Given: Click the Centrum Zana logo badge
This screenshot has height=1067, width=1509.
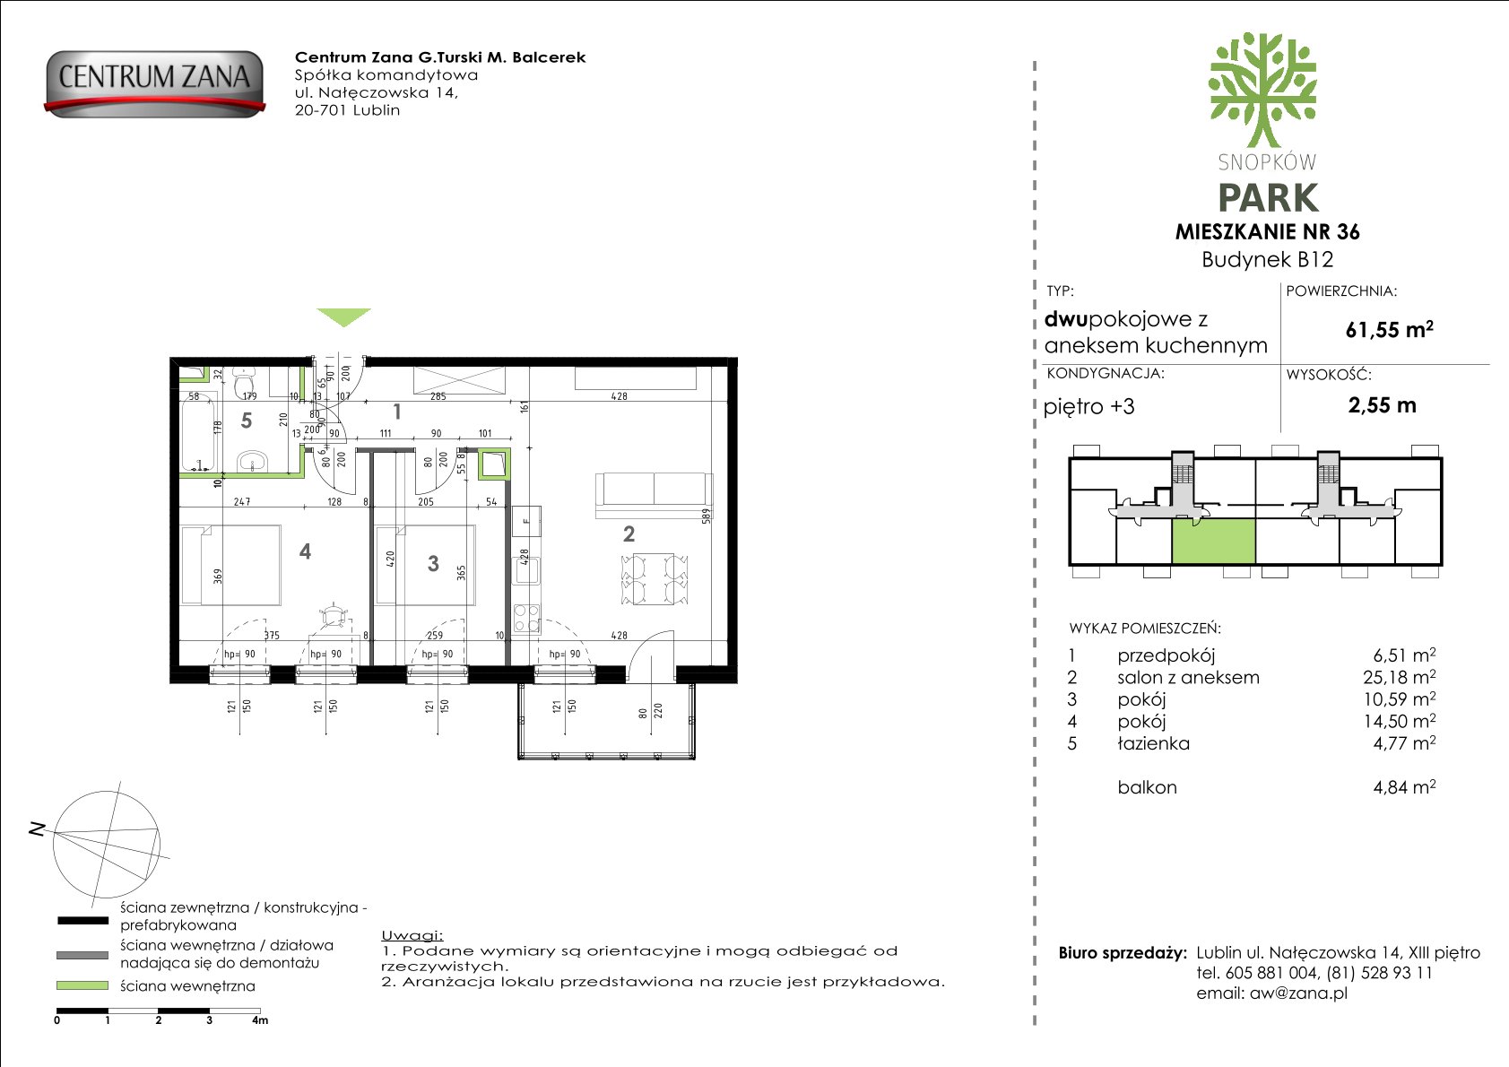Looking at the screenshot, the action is click(155, 83).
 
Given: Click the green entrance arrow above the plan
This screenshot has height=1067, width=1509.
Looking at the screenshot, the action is click(343, 317).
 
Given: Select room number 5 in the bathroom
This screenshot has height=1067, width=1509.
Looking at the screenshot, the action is click(247, 421).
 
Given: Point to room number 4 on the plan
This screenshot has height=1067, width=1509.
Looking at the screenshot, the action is click(305, 551).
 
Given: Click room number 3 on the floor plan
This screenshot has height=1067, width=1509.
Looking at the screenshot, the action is click(433, 563).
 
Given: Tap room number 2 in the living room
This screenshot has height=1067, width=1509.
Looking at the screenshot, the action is click(629, 534).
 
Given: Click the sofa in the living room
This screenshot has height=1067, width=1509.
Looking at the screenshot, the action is click(654, 495).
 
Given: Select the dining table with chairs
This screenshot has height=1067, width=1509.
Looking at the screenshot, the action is click(655, 579).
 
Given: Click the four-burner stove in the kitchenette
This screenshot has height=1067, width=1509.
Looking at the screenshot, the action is click(527, 619).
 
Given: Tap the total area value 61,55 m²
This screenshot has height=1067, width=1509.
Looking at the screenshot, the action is click(1389, 329).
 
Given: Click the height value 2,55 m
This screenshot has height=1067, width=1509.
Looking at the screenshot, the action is click(1382, 405).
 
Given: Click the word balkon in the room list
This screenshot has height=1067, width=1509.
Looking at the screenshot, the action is click(1148, 787).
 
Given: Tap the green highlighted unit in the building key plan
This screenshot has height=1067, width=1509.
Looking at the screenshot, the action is click(1214, 542).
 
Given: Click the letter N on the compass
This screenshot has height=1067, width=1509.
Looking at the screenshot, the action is click(38, 830).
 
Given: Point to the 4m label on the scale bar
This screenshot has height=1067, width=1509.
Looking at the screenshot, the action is click(260, 1020).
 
